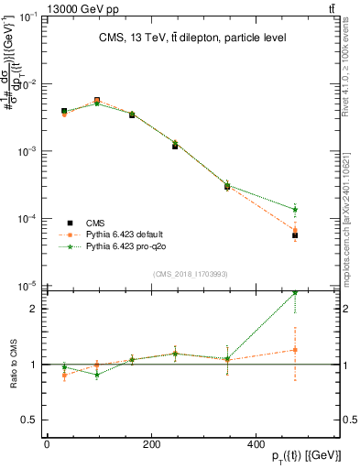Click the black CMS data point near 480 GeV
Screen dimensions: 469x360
[295, 235]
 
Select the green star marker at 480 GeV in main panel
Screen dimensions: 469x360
[295, 209]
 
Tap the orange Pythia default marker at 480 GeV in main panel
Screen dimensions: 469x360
[295, 230]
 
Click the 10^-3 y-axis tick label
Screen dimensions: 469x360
[29, 151]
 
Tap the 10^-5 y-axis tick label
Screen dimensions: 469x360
[29, 286]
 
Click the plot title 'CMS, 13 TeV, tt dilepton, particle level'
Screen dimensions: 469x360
[180, 38]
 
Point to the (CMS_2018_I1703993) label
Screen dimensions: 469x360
[179, 273]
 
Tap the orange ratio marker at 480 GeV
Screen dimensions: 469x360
[295, 349]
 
